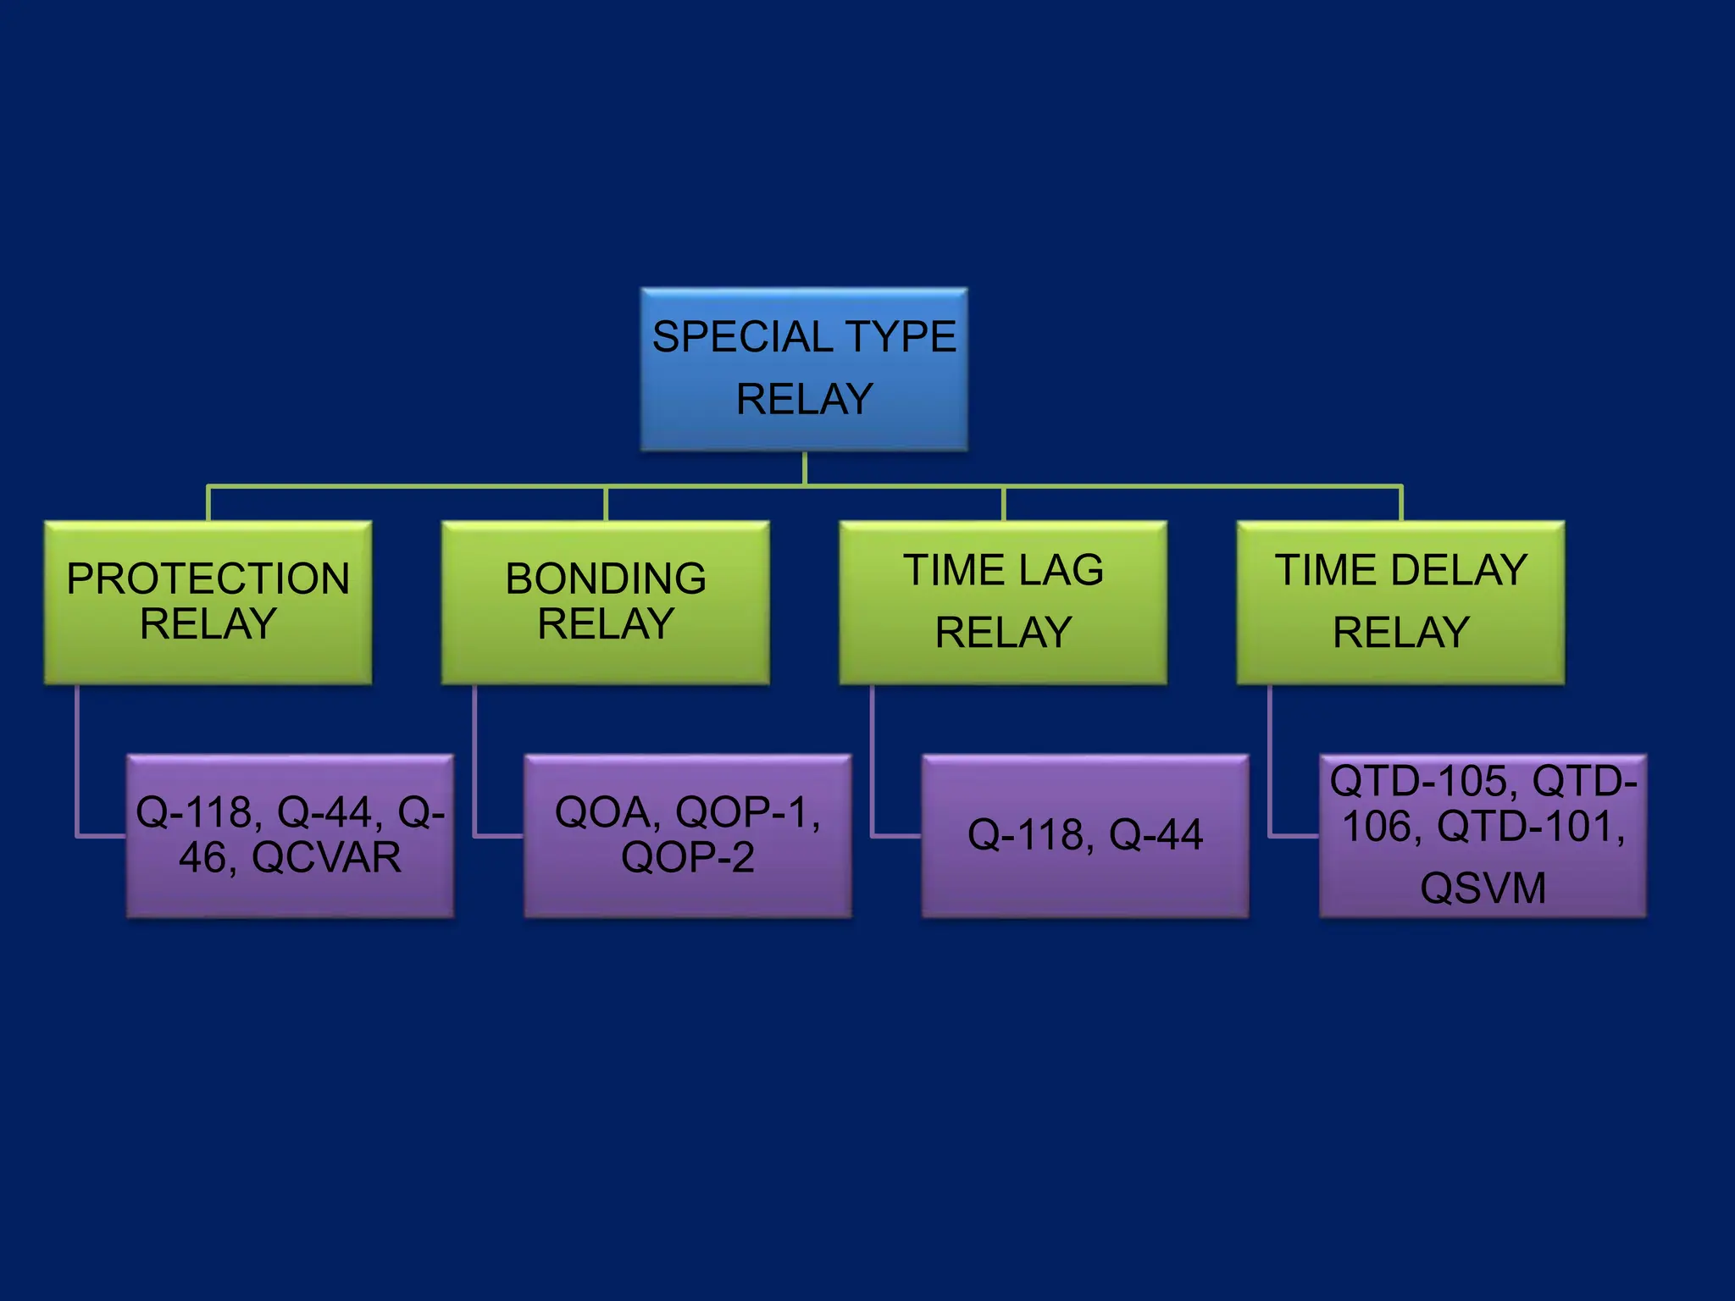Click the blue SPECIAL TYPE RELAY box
coord(803,369)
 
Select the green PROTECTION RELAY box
coord(208,602)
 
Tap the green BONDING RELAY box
coord(605,602)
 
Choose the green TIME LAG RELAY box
coord(1002,602)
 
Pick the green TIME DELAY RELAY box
coord(1400,602)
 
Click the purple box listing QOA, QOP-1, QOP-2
coord(687,835)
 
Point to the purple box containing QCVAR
coord(290,835)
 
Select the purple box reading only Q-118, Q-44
coord(1084,835)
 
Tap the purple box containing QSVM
coord(1483,835)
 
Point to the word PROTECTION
coord(208,579)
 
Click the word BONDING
coord(605,579)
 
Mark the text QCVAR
coord(326,858)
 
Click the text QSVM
coord(1483,889)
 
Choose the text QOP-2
coord(687,858)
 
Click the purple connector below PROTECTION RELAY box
coord(77,762)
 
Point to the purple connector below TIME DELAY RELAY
coord(1269,762)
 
